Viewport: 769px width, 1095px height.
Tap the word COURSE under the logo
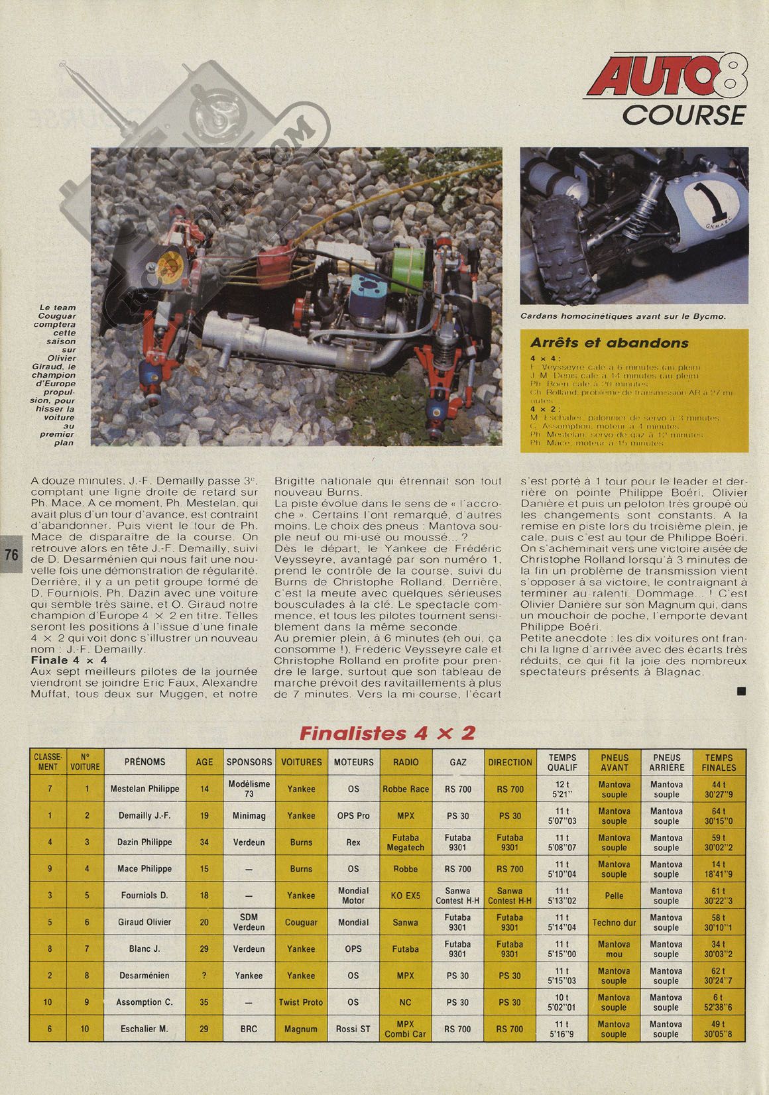click(683, 115)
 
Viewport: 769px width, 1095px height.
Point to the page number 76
click(11, 555)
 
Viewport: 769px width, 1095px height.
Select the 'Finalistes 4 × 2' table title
click(387, 733)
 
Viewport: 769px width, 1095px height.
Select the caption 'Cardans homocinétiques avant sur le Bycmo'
click(623, 316)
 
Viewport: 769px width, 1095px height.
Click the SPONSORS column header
click(249, 762)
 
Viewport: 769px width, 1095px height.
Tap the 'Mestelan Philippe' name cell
click(145, 789)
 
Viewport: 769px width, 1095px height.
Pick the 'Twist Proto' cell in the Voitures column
click(301, 1002)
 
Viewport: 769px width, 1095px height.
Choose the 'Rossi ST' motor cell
click(353, 1029)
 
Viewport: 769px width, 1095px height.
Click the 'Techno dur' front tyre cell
click(614, 922)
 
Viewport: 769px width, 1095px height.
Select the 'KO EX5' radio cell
click(406, 895)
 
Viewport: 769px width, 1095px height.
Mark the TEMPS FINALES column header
click(719, 762)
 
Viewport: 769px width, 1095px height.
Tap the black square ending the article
click(741, 691)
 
